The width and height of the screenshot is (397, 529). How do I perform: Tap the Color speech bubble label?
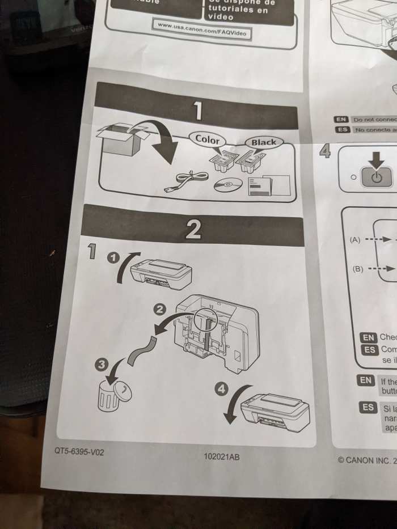[207, 138]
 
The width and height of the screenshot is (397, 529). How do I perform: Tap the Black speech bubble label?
[263, 142]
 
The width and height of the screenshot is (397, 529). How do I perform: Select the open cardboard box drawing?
[123, 139]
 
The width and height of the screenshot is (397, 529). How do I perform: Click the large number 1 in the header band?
[198, 111]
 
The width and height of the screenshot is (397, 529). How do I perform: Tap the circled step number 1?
[114, 258]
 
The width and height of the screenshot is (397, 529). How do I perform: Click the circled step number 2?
[161, 309]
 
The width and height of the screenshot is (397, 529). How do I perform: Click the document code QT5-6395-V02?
[79, 452]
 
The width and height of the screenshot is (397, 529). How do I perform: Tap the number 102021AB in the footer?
[221, 456]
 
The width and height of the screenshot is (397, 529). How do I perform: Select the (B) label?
[358, 269]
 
